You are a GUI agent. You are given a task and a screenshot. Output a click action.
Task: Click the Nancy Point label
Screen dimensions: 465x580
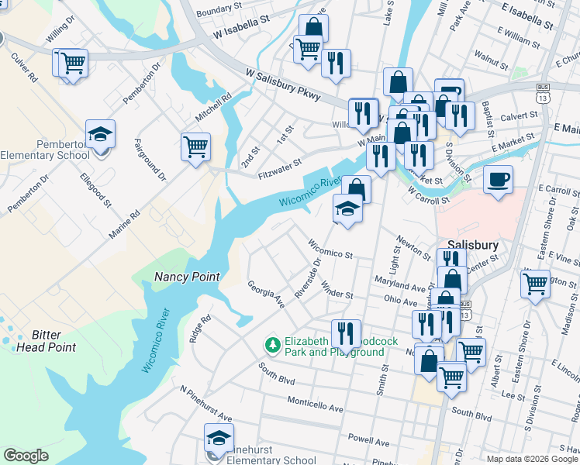(187, 277)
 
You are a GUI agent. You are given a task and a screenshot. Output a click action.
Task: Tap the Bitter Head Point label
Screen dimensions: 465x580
(47, 341)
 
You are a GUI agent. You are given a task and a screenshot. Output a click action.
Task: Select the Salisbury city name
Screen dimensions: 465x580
(471, 244)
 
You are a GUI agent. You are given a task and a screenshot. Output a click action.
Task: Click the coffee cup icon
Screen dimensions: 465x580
(498, 179)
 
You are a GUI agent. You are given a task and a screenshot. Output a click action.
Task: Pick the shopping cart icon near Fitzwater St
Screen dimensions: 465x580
(195, 146)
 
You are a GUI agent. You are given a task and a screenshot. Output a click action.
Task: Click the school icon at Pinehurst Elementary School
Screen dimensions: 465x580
(219, 439)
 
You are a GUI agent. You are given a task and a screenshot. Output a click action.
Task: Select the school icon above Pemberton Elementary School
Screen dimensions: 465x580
(100, 134)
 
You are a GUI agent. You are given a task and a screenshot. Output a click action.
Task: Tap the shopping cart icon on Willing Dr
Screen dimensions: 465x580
(72, 62)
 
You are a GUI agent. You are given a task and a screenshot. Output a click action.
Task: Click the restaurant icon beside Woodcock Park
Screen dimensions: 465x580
(346, 333)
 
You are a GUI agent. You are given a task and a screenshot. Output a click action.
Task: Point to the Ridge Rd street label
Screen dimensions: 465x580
(200, 329)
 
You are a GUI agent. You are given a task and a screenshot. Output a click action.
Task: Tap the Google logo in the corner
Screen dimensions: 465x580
(26, 456)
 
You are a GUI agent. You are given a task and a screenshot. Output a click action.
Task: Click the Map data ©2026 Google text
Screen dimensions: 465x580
(531, 459)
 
